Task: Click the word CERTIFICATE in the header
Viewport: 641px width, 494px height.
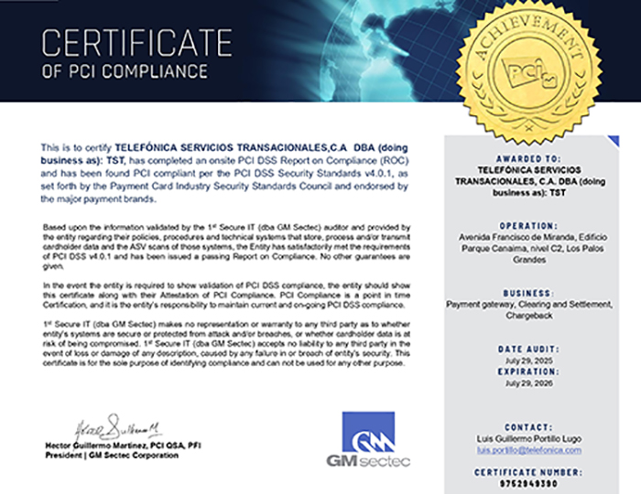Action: pyautogui.click(x=137, y=42)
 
